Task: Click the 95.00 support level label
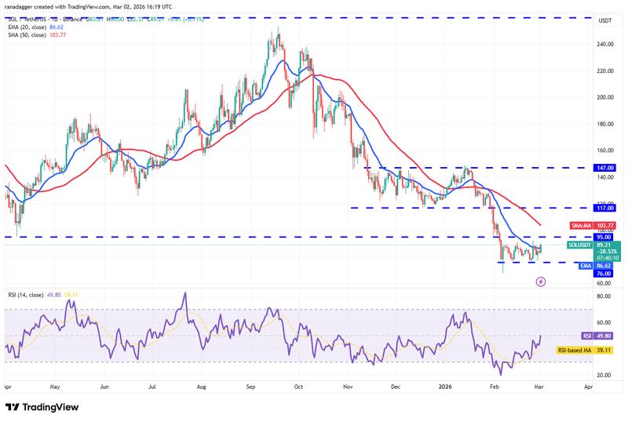pos(602,237)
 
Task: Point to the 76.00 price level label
pos(602,274)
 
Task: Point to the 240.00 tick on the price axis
pos(605,44)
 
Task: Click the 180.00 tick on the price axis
pos(605,124)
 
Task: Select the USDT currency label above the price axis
pos(605,21)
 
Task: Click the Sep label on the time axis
pos(251,387)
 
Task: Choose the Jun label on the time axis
pos(104,387)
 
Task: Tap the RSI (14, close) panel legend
pos(28,294)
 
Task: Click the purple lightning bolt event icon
pos(541,281)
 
